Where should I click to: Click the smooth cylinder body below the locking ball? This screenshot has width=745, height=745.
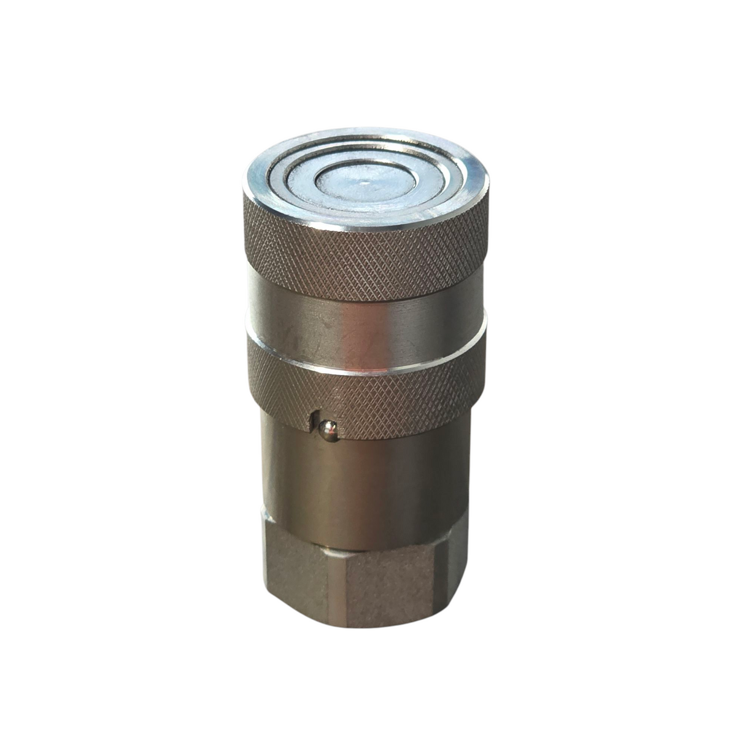368,485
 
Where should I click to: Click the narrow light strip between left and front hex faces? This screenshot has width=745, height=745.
334,577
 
